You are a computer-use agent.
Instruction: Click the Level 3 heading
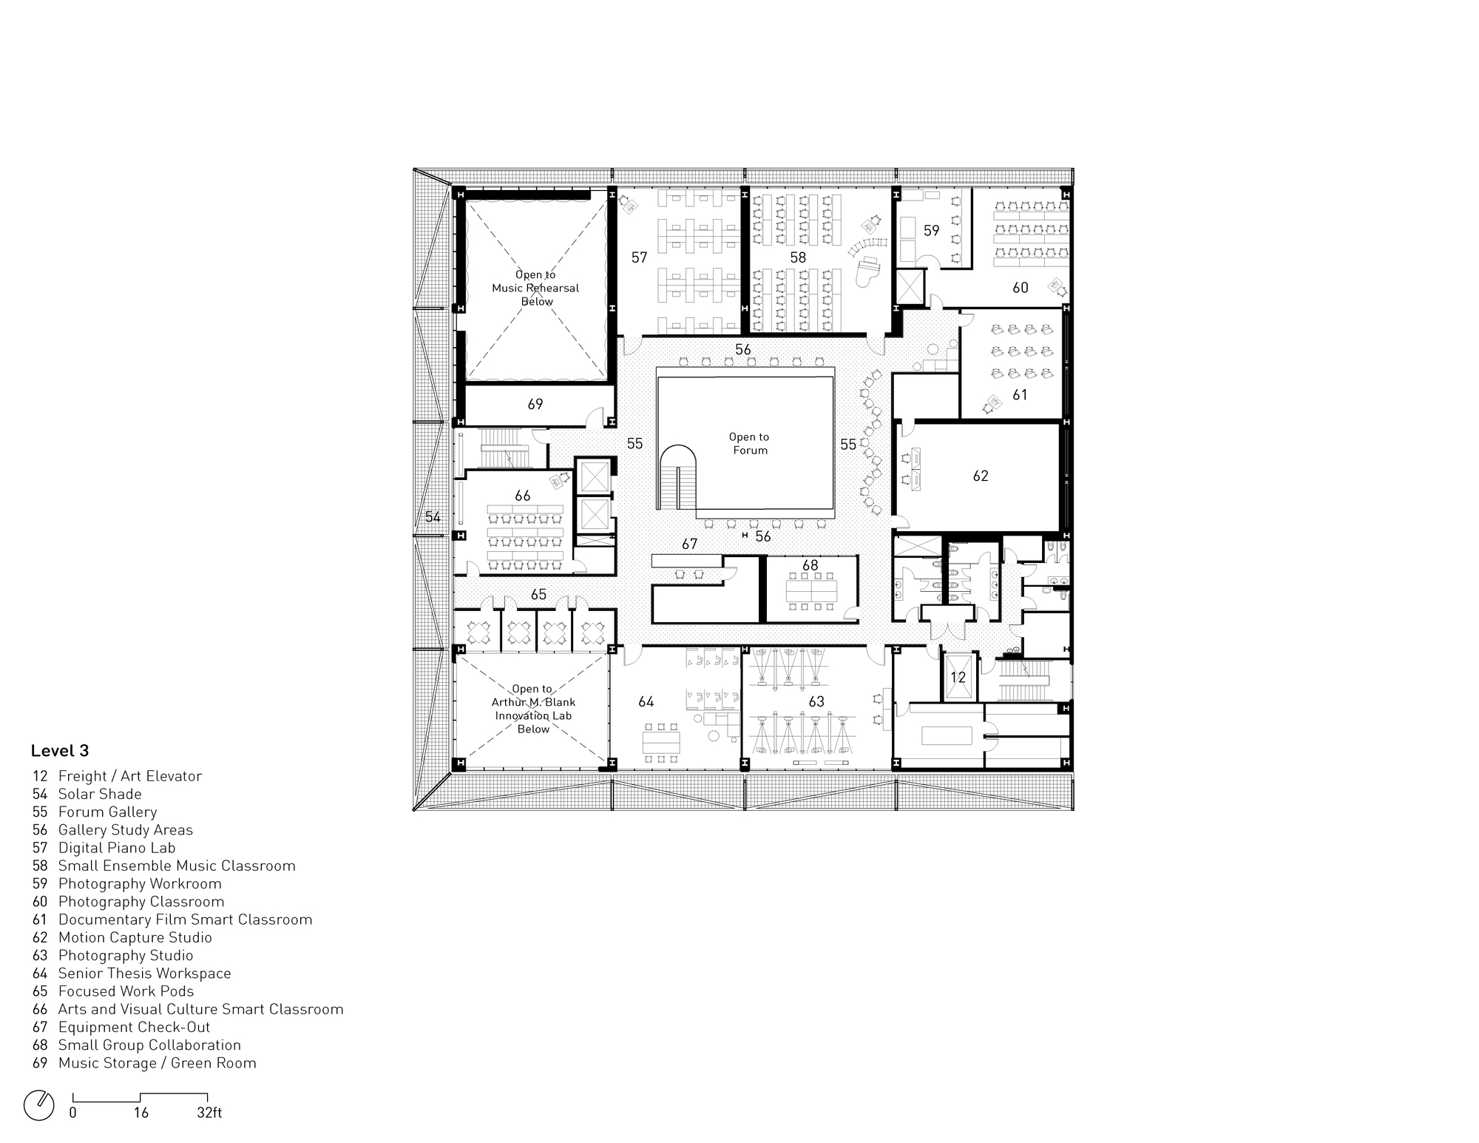click(60, 751)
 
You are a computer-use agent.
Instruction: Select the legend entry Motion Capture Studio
click(135, 937)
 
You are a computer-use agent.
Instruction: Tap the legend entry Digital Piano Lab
click(117, 848)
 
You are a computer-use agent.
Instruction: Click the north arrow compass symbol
click(39, 1105)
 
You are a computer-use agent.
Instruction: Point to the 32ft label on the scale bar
click(209, 1113)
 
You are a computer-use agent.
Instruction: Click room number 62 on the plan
click(981, 476)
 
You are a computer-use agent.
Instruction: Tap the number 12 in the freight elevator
click(958, 677)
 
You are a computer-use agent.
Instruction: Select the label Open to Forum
click(749, 444)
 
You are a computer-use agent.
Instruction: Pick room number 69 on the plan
click(535, 405)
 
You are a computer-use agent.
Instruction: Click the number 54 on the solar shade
click(433, 516)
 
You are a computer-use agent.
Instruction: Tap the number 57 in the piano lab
click(639, 257)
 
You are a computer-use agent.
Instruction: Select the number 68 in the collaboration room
click(810, 565)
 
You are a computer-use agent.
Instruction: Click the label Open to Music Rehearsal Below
click(535, 288)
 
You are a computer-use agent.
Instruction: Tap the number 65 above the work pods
click(538, 595)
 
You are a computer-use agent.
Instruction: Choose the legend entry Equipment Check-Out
click(134, 1027)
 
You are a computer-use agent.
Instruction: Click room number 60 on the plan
click(1021, 288)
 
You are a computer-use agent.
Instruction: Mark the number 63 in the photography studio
click(816, 701)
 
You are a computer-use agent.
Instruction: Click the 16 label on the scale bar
click(141, 1113)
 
